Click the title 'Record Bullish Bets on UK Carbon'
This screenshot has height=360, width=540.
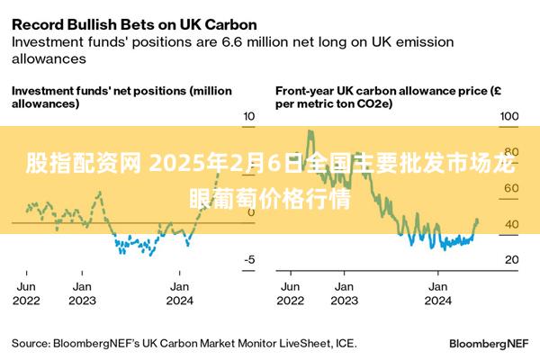[x=133, y=24]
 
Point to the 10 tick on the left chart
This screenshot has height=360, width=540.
[x=248, y=116]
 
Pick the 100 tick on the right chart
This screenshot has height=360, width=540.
[x=509, y=116]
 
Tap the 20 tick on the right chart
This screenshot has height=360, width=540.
[x=510, y=260]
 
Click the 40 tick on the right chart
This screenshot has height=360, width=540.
[x=510, y=224]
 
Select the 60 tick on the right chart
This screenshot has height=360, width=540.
[x=510, y=188]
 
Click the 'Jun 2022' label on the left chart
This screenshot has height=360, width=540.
[x=26, y=293]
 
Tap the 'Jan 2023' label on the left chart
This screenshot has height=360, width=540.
[x=82, y=293]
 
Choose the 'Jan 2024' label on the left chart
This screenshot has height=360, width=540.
[x=179, y=293]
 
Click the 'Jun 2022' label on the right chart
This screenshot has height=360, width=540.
[x=290, y=293]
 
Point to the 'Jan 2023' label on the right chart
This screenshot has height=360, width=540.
[x=343, y=293]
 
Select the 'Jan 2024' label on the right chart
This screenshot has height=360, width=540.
[x=437, y=293]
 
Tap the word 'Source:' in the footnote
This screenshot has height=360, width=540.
[x=31, y=343]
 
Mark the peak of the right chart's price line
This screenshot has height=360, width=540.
[x=310, y=131]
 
